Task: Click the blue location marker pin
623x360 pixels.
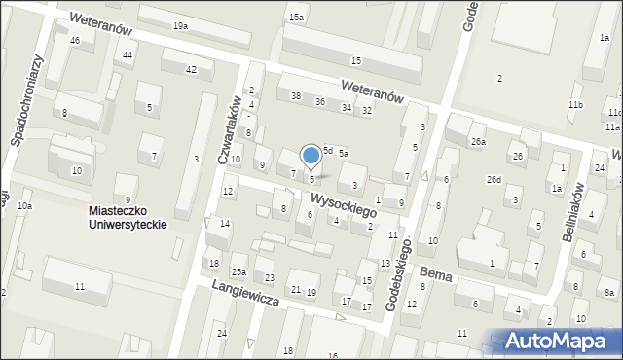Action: pos(311,156)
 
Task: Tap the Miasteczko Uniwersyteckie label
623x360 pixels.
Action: pos(128,216)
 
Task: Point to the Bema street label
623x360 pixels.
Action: pos(437,276)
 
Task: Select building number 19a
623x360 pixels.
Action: pos(180,25)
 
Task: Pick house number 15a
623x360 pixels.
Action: pos(296,18)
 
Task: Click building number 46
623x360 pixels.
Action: pos(75,40)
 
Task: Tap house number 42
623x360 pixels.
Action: pos(191,69)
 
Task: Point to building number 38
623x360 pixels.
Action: pos(295,95)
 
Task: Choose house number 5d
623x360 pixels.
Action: pos(328,150)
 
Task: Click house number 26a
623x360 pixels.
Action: pos(478,142)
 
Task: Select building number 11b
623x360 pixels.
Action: pos(576,104)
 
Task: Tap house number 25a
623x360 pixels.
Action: pos(238,270)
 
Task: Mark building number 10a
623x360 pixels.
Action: pos(24,206)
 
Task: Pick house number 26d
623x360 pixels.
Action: pos(495,179)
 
